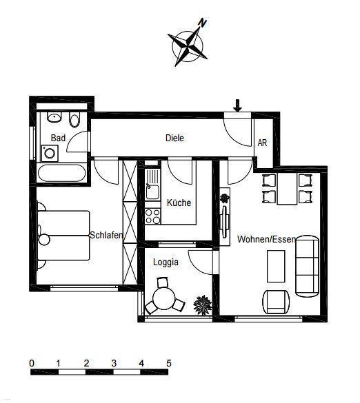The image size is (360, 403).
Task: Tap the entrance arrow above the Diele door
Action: coord(237,105)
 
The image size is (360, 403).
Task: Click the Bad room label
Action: coord(58,138)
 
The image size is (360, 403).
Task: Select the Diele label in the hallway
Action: coord(174,138)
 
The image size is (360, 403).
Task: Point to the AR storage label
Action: coord(262,143)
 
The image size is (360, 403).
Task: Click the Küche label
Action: coord(179,203)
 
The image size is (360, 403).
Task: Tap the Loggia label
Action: coord(166,262)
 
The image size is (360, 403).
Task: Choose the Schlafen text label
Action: coord(106,235)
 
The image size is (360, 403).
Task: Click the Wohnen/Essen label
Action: coord(267,239)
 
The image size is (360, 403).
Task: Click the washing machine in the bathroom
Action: coord(50,154)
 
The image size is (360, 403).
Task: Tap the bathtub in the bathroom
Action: coord(62,173)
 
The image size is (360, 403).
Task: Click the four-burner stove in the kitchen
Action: coord(152,216)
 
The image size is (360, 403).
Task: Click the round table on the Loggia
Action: coord(164,298)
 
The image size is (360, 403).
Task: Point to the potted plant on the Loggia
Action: coord(203,305)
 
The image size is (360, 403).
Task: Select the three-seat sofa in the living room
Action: coord(308,267)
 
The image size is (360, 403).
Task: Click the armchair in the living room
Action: coord(276,302)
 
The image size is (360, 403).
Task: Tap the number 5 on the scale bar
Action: coord(169,363)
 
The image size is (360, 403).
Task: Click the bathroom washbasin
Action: coord(54,118)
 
